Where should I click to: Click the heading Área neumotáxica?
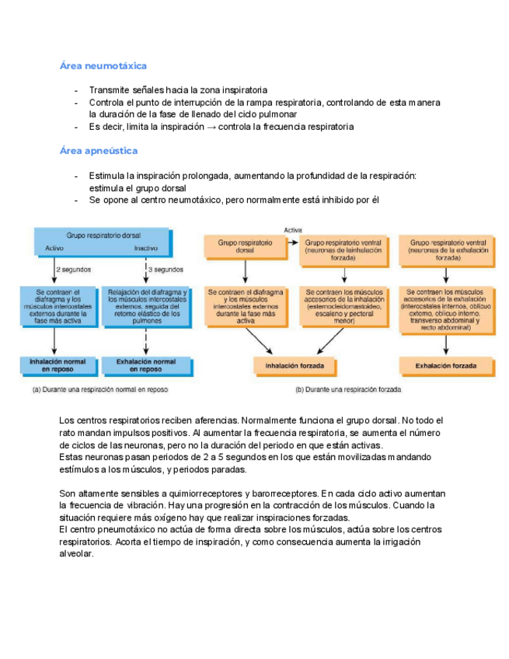[x=103, y=66]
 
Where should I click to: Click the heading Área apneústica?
[x=99, y=150]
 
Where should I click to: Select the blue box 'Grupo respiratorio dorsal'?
[x=101, y=240]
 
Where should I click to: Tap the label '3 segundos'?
[x=166, y=270]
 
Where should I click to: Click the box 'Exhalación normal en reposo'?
[x=145, y=365]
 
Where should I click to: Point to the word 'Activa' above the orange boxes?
[x=293, y=230]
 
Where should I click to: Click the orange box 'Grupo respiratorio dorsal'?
[x=245, y=247]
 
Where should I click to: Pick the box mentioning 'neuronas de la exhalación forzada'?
[x=447, y=247]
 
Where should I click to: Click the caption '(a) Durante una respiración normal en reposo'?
[x=99, y=389]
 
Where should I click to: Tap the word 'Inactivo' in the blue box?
[x=145, y=249]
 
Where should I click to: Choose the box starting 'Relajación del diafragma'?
[x=145, y=306]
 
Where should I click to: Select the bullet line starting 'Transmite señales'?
[x=179, y=90]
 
